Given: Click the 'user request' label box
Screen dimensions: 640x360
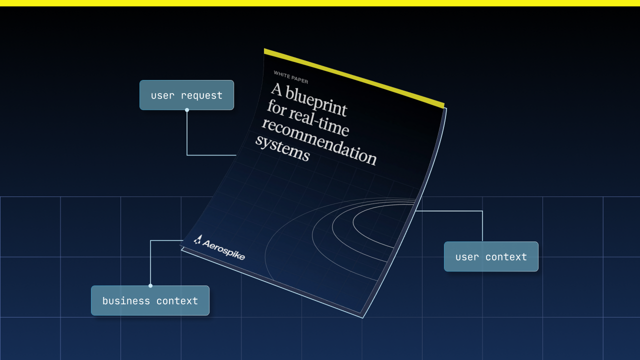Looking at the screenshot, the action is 186,95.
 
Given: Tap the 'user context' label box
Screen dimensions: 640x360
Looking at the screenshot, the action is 491,256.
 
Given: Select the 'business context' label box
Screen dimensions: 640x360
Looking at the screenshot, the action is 150,300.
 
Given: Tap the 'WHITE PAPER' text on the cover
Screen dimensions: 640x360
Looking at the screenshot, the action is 291,77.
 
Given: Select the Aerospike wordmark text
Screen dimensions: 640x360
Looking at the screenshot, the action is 223,250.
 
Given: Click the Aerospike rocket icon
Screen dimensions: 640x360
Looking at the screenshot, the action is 197,239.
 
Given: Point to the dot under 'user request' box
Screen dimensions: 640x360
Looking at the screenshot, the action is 187,110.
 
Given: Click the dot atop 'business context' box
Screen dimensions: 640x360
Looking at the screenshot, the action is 150,285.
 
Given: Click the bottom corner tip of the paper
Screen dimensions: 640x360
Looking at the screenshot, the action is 362,317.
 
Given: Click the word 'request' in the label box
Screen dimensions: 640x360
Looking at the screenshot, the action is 201,95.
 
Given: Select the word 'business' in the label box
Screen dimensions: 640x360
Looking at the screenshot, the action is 126,300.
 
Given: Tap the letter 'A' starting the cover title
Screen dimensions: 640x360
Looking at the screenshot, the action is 276,89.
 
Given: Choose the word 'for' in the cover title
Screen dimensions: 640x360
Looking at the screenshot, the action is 276,108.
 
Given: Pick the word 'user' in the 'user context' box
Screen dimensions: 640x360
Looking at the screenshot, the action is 467,257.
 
